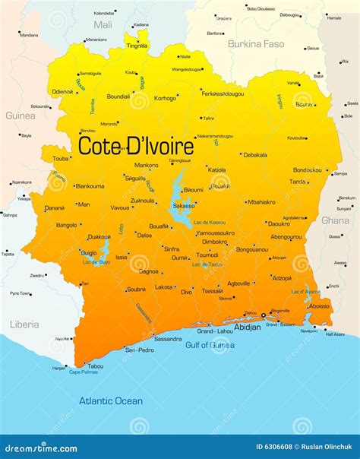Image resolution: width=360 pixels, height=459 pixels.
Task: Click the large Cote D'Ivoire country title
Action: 137,145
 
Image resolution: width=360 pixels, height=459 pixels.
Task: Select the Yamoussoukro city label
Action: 215,233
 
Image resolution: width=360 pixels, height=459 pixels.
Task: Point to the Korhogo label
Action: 165,98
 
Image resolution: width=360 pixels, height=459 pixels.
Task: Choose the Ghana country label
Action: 335,220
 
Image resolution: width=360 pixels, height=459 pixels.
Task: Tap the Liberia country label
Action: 24,324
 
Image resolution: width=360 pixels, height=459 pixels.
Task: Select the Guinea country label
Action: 21,116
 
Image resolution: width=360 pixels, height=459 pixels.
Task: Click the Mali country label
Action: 103,25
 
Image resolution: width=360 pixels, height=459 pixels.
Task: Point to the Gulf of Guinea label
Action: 210,344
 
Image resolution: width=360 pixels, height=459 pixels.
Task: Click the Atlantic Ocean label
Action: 112,400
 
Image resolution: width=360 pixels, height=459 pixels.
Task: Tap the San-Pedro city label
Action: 139,350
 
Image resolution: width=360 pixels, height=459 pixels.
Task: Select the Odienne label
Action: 63,91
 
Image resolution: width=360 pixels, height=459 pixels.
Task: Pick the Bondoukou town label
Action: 308,169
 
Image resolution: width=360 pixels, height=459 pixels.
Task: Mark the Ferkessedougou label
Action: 223,93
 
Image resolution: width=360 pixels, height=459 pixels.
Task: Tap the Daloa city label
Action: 144,236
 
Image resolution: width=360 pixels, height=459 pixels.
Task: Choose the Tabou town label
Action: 96,366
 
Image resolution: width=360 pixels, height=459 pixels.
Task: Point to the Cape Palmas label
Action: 84,372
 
